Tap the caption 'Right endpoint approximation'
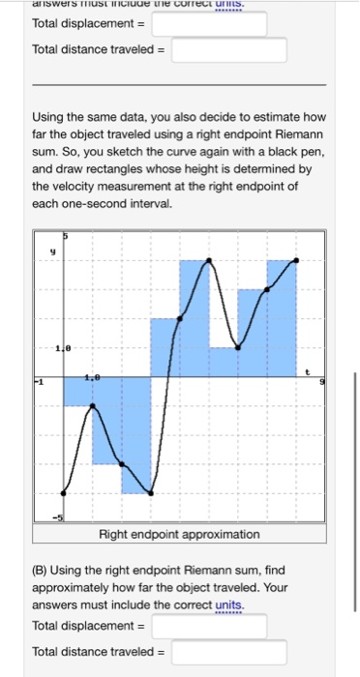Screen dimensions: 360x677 click(180, 534)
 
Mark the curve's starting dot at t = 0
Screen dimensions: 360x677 click(64, 492)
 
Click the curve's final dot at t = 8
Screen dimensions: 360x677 click(296, 260)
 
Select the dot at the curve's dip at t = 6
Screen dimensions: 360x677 click(238, 347)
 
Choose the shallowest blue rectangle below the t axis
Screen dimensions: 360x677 click(78, 391)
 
